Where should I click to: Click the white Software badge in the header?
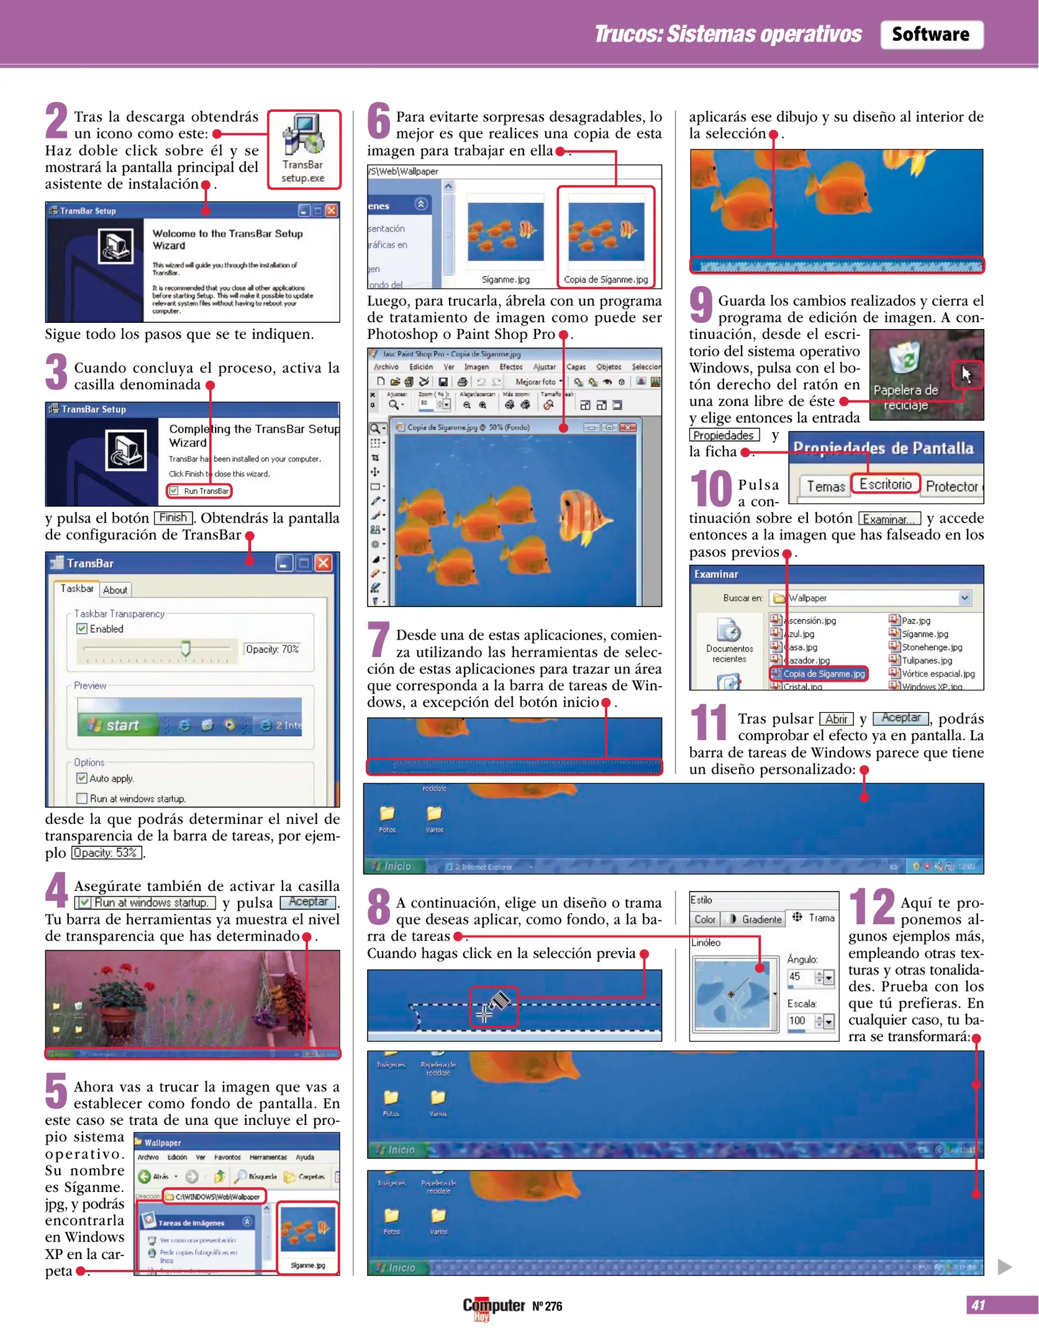[x=930, y=34]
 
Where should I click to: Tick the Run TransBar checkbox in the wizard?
[x=175, y=490]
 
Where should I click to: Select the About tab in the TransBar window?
[x=115, y=590]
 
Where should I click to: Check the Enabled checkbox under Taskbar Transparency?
[x=82, y=628]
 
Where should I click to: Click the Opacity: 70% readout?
[x=272, y=649]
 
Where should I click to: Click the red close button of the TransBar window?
[x=323, y=563]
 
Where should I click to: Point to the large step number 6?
[x=378, y=121]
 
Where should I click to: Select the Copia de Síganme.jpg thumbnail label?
[x=606, y=279]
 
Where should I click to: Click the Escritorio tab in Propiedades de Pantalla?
[x=885, y=484]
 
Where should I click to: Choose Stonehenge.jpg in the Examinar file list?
[x=932, y=647]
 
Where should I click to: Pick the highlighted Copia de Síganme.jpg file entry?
[x=823, y=674]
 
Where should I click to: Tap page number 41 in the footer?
[x=978, y=1305]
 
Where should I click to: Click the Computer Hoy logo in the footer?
[x=493, y=1306]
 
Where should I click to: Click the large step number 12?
[x=871, y=906]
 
